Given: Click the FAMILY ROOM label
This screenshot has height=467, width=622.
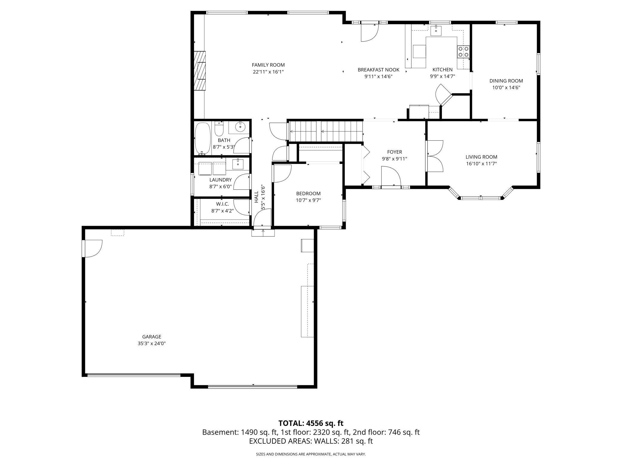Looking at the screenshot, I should tap(268, 65).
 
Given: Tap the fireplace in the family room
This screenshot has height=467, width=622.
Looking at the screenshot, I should tap(200, 71).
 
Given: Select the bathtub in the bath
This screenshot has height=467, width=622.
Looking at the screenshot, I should tap(203, 139).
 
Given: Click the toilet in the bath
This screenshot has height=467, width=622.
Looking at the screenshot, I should tap(219, 129).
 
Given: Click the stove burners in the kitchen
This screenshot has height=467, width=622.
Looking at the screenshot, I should tap(463, 51).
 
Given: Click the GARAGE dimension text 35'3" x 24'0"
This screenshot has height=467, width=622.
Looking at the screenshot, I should tap(152, 344).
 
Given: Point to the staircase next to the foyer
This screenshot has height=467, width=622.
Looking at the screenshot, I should tap(325, 131).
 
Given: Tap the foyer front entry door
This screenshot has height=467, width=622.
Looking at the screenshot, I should tap(391, 177).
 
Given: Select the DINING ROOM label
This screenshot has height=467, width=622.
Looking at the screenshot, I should tap(506, 81).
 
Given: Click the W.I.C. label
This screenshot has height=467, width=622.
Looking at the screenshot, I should tap(222, 204).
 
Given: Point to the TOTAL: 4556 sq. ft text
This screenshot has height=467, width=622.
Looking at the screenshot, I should tap(311, 423).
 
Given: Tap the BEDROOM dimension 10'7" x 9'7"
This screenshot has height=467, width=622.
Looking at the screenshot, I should tap(308, 200).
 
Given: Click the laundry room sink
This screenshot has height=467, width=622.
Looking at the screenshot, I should tap(238, 164).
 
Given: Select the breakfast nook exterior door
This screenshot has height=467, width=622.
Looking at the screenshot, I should tap(370, 33).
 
